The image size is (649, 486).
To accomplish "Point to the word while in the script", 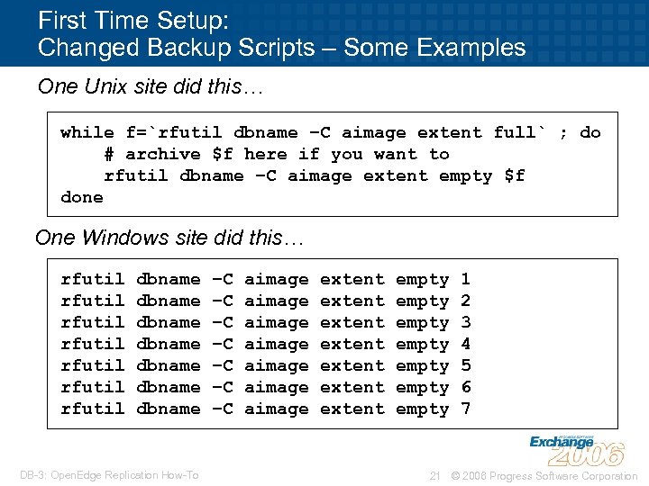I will [x=87, y=132].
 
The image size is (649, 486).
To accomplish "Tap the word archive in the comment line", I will [x=163, y=154].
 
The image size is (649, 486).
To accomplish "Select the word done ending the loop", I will [x=82, y=197].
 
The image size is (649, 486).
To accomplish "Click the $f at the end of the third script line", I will [x=514, y=175].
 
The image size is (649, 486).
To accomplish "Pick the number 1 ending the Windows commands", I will [x=465, y=279].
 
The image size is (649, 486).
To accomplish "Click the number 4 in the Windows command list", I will [x=465, y=344].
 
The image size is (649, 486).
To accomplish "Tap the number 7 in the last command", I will [x=465, y=409].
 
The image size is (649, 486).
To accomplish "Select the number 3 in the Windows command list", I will [x=465, y=322].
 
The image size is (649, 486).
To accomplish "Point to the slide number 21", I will [x=434, y=475].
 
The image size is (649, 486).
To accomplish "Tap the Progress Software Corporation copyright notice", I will [x=544, y=475].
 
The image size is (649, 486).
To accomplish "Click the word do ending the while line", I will [x=590, y=132].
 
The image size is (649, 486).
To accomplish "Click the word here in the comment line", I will [x=266, y=154].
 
